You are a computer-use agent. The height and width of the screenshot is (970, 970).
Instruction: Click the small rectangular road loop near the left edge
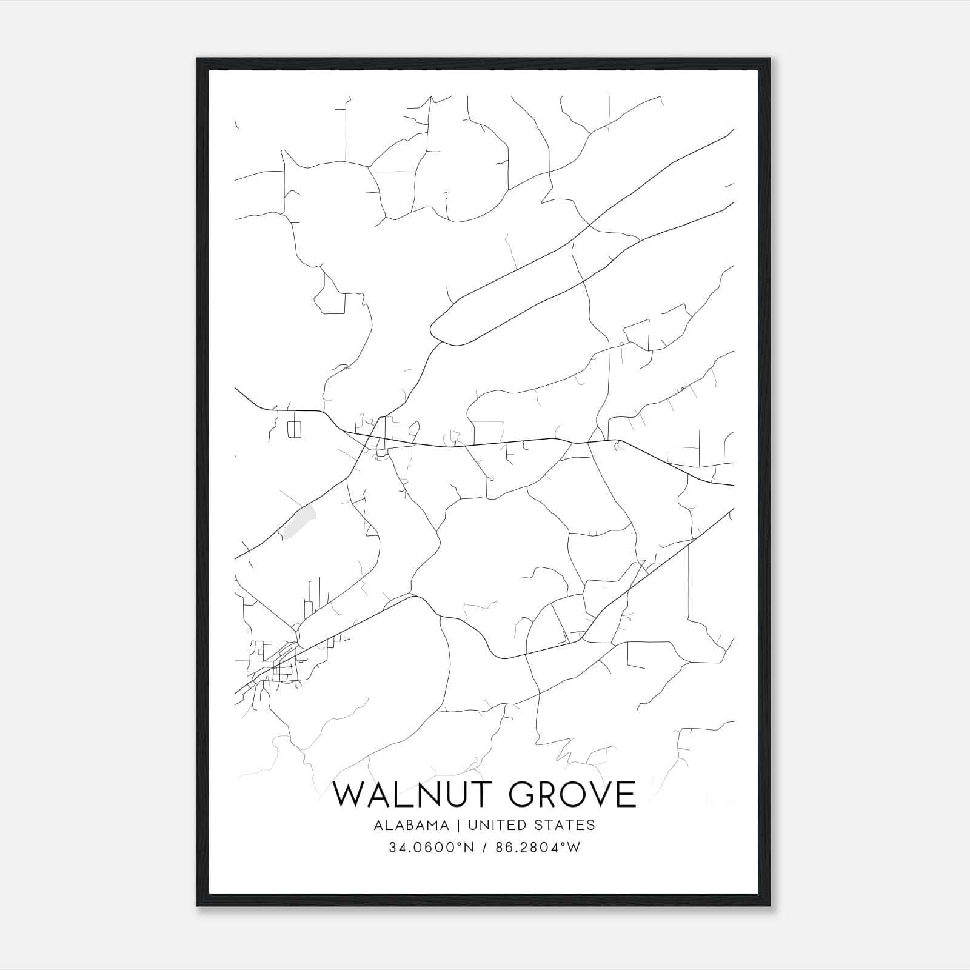294,429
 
